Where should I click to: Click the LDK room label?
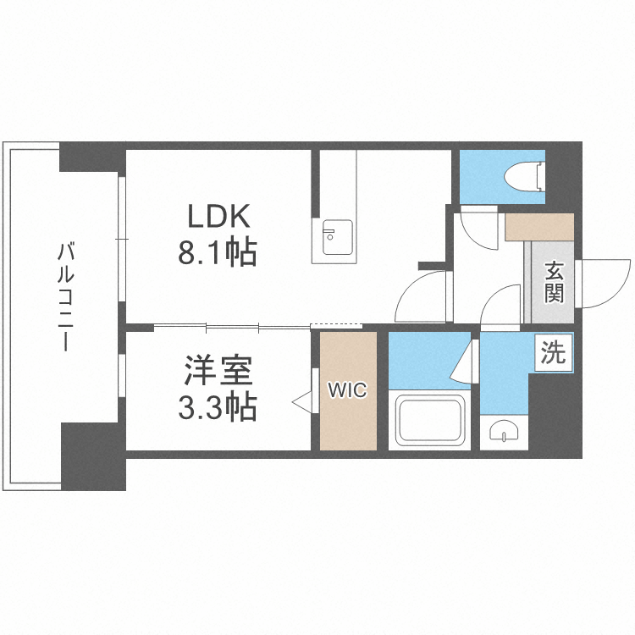[218, 216]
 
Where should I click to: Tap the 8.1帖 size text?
[218, 253]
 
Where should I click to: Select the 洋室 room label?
[218, 370]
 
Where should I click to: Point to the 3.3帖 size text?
[218, 407]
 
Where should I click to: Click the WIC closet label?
[347, 390]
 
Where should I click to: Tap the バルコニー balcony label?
[65, 296]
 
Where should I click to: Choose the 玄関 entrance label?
[554, 282]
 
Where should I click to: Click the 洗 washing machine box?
[553, 352]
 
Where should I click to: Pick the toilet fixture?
[523, 177]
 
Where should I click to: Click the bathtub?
[429, 420]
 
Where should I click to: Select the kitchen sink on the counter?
[337, 237]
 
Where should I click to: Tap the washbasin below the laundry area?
[504, 432]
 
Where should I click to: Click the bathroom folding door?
[464, 362]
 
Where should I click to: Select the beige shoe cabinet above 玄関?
[539, 227]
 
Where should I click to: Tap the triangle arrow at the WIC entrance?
[302, 402]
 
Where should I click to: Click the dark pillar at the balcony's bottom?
[93, 456]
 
